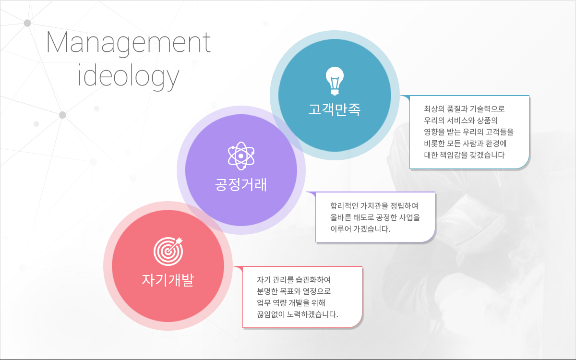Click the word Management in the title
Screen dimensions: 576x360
tap(129, 44)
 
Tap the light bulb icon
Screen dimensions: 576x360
tap(335, 81)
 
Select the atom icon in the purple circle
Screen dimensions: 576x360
tap(241, 156)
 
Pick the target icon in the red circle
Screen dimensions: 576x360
tap(168, 251)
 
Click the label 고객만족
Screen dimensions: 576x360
tap(335, 109)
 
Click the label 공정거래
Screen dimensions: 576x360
tap(241, 184)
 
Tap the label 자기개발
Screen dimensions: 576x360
tap(168, 280)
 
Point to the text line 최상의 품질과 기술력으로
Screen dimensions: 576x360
tap(464, 109)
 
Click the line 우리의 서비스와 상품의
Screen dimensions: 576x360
tap(461, 120)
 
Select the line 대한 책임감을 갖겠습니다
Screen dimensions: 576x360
tap(464, 155)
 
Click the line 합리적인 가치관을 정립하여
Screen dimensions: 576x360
tap(374, 206)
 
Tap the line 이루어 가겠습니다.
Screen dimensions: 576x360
tap(360, 228)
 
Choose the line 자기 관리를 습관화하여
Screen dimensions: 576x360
tap(294, 279)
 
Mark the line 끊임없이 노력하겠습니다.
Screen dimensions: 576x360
tap(298, 314)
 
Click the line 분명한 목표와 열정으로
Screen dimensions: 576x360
tap(294, 291)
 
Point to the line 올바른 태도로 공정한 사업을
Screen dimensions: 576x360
tap(375, 217)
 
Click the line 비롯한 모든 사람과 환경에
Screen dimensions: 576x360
tap(465, 143)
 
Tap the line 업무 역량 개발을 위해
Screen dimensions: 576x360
tap(291, 303)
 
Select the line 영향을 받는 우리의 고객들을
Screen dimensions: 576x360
tap(468, 132)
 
